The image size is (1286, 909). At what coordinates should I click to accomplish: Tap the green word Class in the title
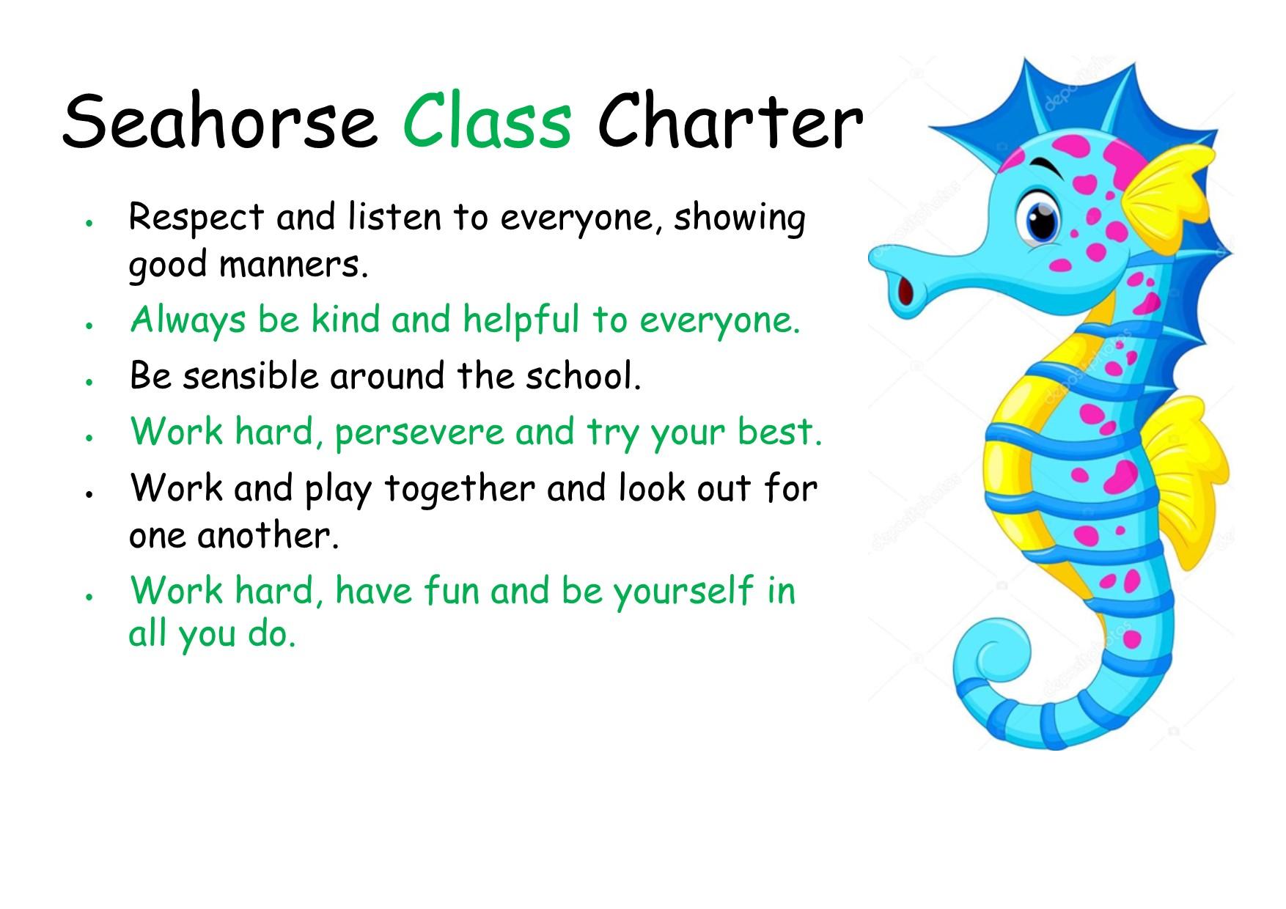(487, 120)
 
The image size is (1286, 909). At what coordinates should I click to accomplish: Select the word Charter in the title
(730, 120)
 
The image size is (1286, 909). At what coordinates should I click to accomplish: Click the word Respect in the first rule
(196, 218)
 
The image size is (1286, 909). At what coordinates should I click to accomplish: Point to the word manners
(293, 265)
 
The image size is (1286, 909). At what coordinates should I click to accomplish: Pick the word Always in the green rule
(188, 321)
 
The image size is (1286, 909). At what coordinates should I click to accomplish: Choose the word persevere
(419, 433)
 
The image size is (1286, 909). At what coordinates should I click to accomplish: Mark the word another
(268, 535)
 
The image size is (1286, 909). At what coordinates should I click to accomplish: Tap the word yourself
(683, 591)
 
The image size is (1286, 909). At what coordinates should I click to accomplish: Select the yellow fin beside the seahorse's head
(1162, 198)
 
